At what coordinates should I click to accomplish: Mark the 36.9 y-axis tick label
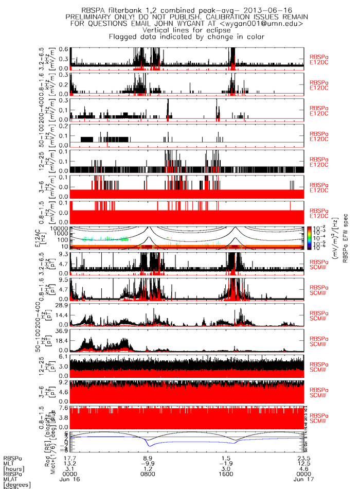(63, 331)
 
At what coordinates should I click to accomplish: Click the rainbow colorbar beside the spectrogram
(309, 238)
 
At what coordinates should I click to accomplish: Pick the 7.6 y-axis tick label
(65, 407)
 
